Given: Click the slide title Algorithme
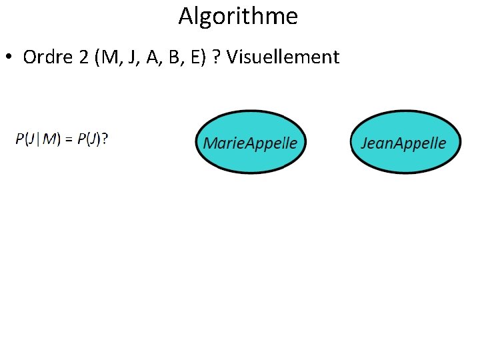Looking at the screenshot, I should (x=238, y=16).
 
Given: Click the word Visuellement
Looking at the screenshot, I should (x=283, y=57).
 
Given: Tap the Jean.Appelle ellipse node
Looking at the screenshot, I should (x=405, y=141).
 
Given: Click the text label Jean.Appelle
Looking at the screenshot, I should (x=403, y=143).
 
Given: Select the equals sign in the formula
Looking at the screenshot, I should (x=69, y=138).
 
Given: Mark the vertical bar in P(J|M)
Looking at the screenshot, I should (x=39, y=138).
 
